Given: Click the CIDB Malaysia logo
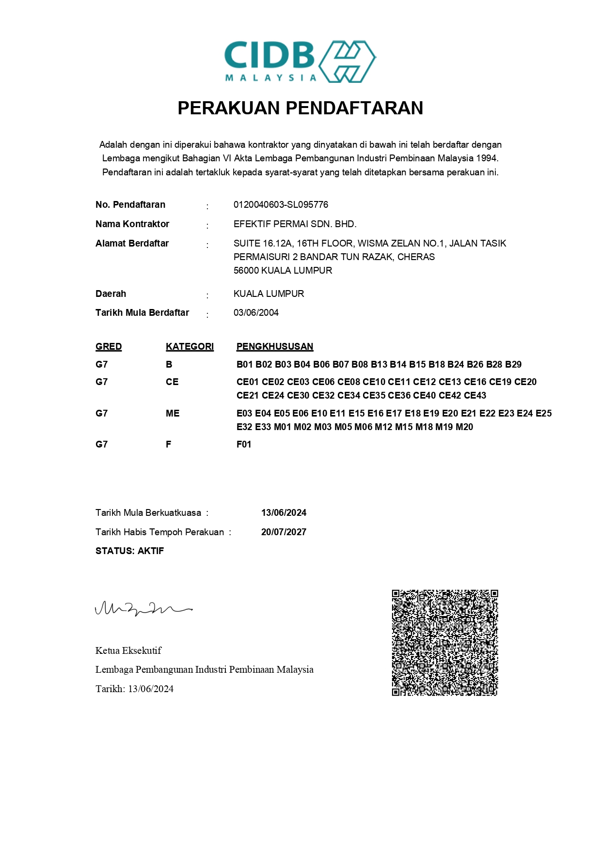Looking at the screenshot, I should pyautogui.click(x=300, y=62).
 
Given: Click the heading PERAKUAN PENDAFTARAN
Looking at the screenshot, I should pyautogui.click(x=300, y=108).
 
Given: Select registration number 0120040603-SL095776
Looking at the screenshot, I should pyautogui.click(x=281, y=205).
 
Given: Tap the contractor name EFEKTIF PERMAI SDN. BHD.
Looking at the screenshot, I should pyautogui.click(x=295, y=224).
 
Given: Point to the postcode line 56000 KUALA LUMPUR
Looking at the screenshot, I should pyautogui.click(x=283, y=271).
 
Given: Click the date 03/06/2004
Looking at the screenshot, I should pyautogui.click(x=256, y=313).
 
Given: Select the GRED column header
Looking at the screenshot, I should pyautogui.click(x=109, y=347).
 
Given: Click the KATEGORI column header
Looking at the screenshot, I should pyautogui.click(x=190, y=347).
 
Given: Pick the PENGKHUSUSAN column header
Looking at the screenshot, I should pyautogui.click(x=274, y=347).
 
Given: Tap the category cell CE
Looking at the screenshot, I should pyautogui.click(x=172, y=382).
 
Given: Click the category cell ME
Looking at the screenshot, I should pyautogui.click(x=173, y=414).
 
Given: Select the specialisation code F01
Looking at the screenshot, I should pyautogui.click(x=244, y=445).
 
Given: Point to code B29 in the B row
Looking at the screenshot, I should pyautogui.click(x=513, y=365).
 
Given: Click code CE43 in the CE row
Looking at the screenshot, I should pyautogui.click(x=475, y=396).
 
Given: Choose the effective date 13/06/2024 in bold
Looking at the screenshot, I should pyautogui.click(x=284, y=513).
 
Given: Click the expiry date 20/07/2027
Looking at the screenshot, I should pyautogui.click(x=284, y=532).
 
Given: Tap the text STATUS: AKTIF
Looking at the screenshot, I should pyautogui.click(x=129, y=551).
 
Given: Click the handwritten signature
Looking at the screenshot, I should pyautogui.click(x=143, y=608).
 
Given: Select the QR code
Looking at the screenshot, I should pyautogui.click(x=444, y=643).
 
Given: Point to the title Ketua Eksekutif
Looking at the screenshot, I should pyautogui.click(x=128, y=650).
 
